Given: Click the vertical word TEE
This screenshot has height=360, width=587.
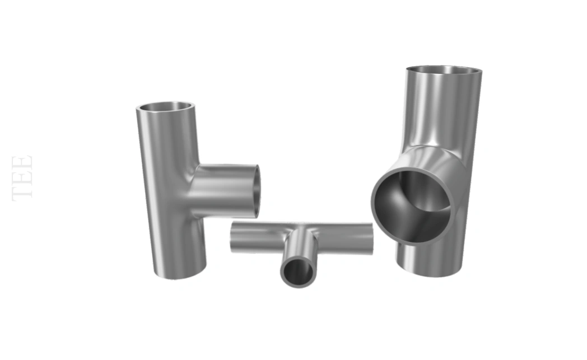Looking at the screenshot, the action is (x=22, y=178).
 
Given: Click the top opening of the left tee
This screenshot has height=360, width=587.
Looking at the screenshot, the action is (x=165, y=106).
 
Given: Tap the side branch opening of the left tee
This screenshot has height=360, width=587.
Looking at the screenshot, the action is (x=255, y=191).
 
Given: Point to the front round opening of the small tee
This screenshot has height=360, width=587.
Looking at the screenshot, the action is (x=299, y=272).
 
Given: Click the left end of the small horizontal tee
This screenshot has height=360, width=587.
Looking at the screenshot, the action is (x=232, y=236).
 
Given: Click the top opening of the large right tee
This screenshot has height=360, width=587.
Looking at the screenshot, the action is (x=444, y=70).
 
